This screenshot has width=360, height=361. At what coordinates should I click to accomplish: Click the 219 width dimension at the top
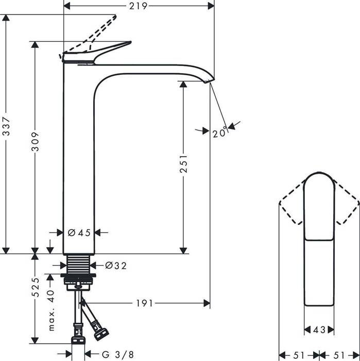pyautogui.click(x=139, y=6)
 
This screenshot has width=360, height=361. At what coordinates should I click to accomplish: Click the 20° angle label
pyautogui.click(x=219, y=133)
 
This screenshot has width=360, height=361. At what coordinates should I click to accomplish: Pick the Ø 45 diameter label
pyautogui.click(x=79, y=233)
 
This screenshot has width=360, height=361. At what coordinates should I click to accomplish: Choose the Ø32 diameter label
pyautogui.click(x=115, y=266)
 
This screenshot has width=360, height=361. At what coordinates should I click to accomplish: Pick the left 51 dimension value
pyautogui.click(x=298, y=355)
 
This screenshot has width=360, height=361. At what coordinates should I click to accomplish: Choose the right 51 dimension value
pyautogui.click(x=339, y=355)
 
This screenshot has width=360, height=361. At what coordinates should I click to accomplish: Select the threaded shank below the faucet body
pyautogui.click(x=79, y=266)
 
